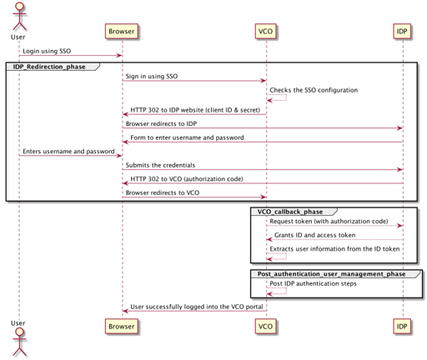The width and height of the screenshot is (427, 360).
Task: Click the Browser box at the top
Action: [122, 32]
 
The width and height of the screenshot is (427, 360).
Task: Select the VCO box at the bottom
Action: [265, 327]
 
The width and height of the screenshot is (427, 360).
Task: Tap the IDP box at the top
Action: [402, 32]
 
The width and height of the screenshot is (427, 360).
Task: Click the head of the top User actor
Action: [19, 7]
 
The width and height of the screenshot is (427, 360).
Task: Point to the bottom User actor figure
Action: [19, 342]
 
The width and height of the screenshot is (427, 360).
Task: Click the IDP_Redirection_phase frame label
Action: [49, 67]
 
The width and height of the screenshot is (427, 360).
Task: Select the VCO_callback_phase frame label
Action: [290, 212]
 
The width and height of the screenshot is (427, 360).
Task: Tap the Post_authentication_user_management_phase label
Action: [331, 274]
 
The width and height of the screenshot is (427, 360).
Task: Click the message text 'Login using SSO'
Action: [47, 51]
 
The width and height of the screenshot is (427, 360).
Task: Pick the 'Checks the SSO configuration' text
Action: [314, 90]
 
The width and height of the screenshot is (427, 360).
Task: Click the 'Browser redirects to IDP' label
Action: [161, 123]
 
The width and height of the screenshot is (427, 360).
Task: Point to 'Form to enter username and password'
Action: [187, 137]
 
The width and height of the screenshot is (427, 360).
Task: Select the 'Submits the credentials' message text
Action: [160, 165]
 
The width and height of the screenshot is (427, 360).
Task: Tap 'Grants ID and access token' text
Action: [314, 235]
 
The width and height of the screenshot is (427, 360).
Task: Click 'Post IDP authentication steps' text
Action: [313, 283]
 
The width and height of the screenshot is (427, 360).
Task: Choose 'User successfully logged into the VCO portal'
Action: [197, 307]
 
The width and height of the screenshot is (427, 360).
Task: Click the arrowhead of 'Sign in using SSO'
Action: [264, 81]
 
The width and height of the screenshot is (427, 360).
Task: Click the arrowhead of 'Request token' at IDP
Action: [400, 226]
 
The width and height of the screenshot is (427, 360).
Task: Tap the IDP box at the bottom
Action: [402, 327]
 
